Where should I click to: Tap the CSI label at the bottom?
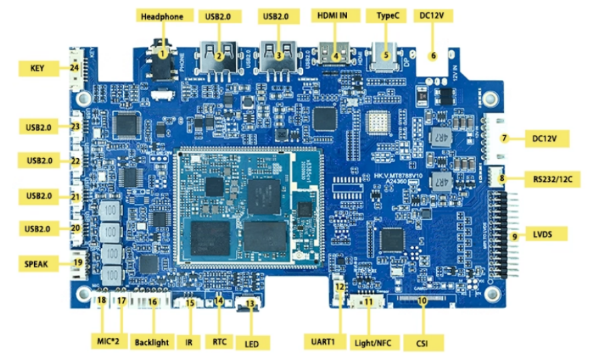coord(422,343)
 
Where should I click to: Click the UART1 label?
coord(322,343)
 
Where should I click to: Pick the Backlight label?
coord(152,343)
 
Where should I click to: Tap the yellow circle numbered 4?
coord(336,56)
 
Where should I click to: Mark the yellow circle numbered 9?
coord(514,236)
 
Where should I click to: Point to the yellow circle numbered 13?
coord(250,303)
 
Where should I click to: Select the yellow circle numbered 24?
coord(75,68)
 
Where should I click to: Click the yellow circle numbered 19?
coord(78,263)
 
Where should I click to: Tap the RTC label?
coord(220,343)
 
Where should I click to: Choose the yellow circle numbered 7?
coord(505,139)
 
